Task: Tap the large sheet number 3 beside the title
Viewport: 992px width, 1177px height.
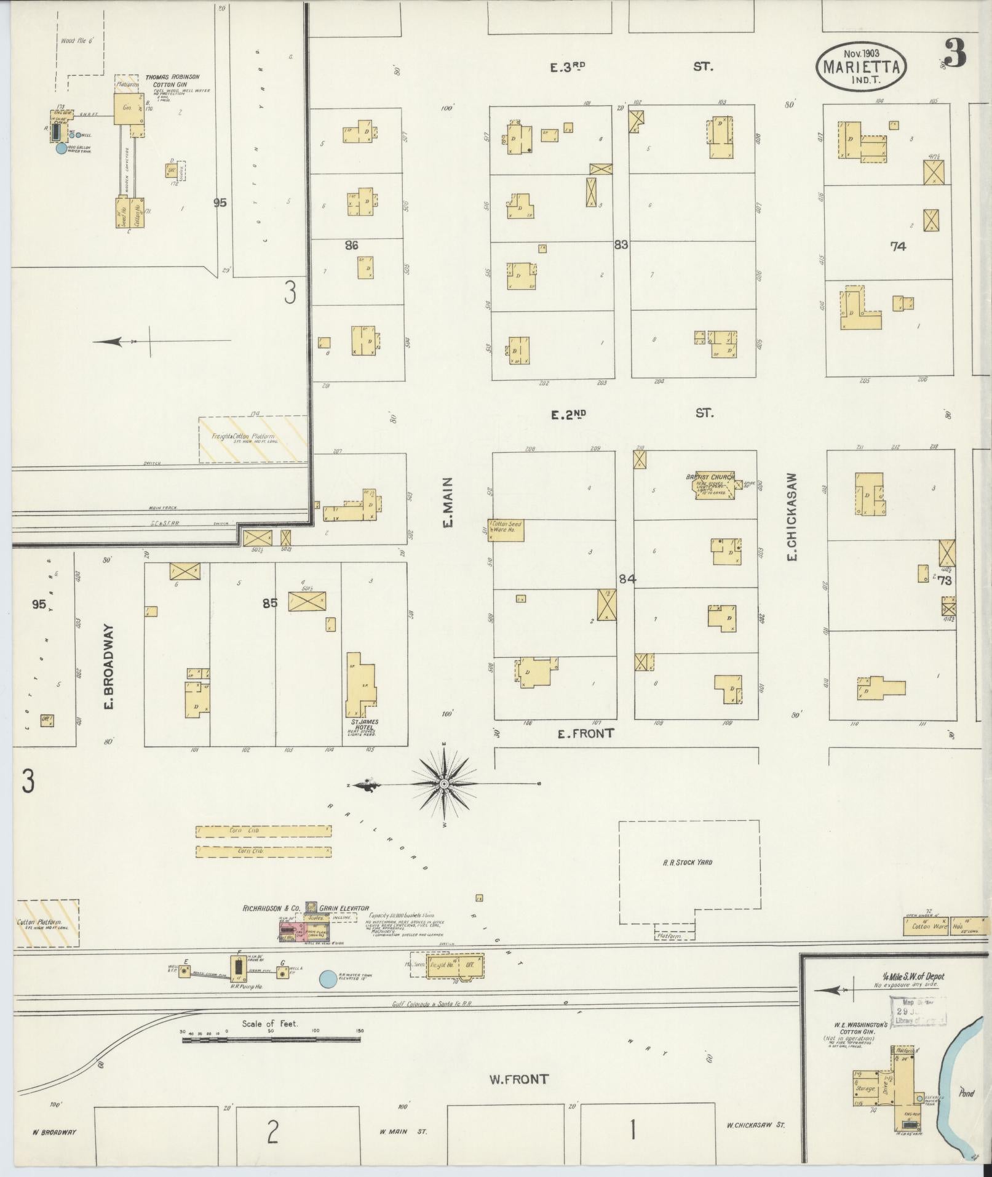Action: tap(955, 54)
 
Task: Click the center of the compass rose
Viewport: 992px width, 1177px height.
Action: tap(444, 784)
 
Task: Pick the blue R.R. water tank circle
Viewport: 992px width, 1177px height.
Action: tap(329, 978)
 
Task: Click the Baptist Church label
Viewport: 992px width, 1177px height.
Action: tap(710, 477)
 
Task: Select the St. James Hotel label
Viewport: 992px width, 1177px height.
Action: tap(362, 725)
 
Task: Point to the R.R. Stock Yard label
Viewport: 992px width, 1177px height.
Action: tap(688, 863)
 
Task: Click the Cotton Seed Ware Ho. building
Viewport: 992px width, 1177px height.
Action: tap(507, 530)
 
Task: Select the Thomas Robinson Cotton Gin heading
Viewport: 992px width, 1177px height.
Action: tap(172, 81)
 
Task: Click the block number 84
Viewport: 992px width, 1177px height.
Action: tap(627, 579)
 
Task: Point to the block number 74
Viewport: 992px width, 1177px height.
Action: tap(898, 246)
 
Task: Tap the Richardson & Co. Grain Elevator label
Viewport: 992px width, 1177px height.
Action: tap(306, 908)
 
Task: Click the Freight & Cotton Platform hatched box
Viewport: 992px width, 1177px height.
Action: tap(253, 439)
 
